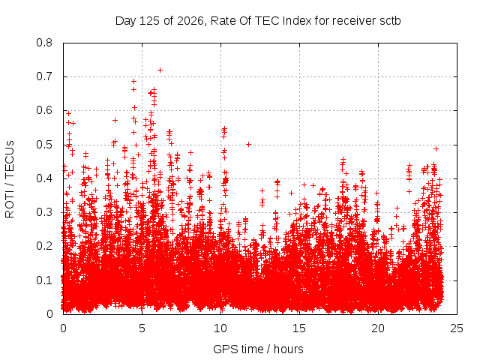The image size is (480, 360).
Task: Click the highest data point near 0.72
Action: pos(160,70)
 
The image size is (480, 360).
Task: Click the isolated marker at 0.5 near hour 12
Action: pos(248,144)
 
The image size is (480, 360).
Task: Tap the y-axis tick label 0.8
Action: pos(44,43)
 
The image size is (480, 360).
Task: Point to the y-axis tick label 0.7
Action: pos(44,76)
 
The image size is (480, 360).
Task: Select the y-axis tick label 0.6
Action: pos(44,110)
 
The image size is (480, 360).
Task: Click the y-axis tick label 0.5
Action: pos(44,145)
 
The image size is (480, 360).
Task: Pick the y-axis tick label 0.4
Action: pos(44,178)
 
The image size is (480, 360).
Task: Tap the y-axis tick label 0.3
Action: pos(44,212)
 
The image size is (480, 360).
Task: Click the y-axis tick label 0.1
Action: pos(44,280)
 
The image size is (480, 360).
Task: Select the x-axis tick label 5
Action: pos(142,328)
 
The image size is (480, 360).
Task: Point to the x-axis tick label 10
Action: pos(220,328)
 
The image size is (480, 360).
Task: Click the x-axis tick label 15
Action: pos(299,328)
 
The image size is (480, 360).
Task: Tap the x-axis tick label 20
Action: pos(378,328)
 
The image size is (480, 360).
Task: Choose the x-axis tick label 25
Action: pos(457,328)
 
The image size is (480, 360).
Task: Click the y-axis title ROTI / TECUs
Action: pos(10,179)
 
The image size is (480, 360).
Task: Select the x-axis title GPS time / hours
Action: pos(258,349)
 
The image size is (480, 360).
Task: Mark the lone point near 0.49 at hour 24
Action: pos(436,148)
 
